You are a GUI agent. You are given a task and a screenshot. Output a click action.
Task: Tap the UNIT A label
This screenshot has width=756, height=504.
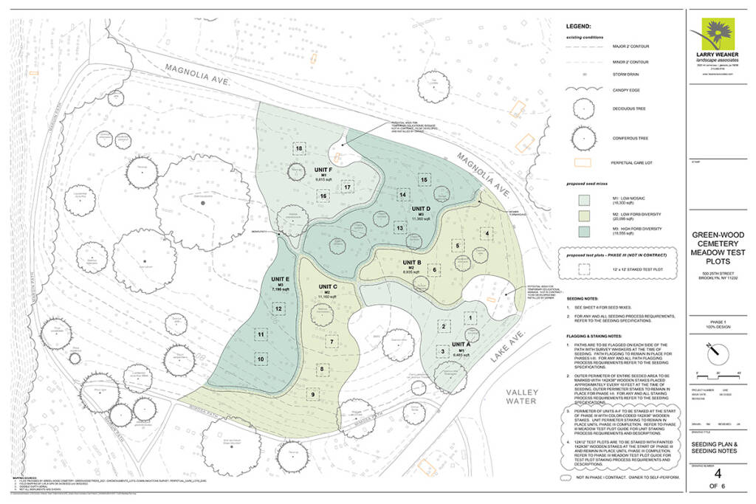[461, 344]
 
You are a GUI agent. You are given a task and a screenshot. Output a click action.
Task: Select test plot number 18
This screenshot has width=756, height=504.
[299, 149]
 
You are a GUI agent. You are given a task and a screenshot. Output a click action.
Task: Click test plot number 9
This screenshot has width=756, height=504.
[313, 395]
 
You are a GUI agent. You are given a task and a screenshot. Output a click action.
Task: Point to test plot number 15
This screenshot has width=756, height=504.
[424, 179]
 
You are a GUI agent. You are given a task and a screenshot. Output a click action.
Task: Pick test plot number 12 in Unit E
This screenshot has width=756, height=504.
[278, 308]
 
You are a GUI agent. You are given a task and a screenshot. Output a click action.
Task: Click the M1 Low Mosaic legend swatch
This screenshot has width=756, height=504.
[584, 200]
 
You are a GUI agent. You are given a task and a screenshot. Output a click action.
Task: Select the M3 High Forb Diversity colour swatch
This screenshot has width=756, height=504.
[584, 229]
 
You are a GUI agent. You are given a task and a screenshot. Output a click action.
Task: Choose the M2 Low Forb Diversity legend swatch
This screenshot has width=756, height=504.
[584, 215]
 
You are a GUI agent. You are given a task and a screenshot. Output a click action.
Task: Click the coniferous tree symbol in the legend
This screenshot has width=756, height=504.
[584, 137]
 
